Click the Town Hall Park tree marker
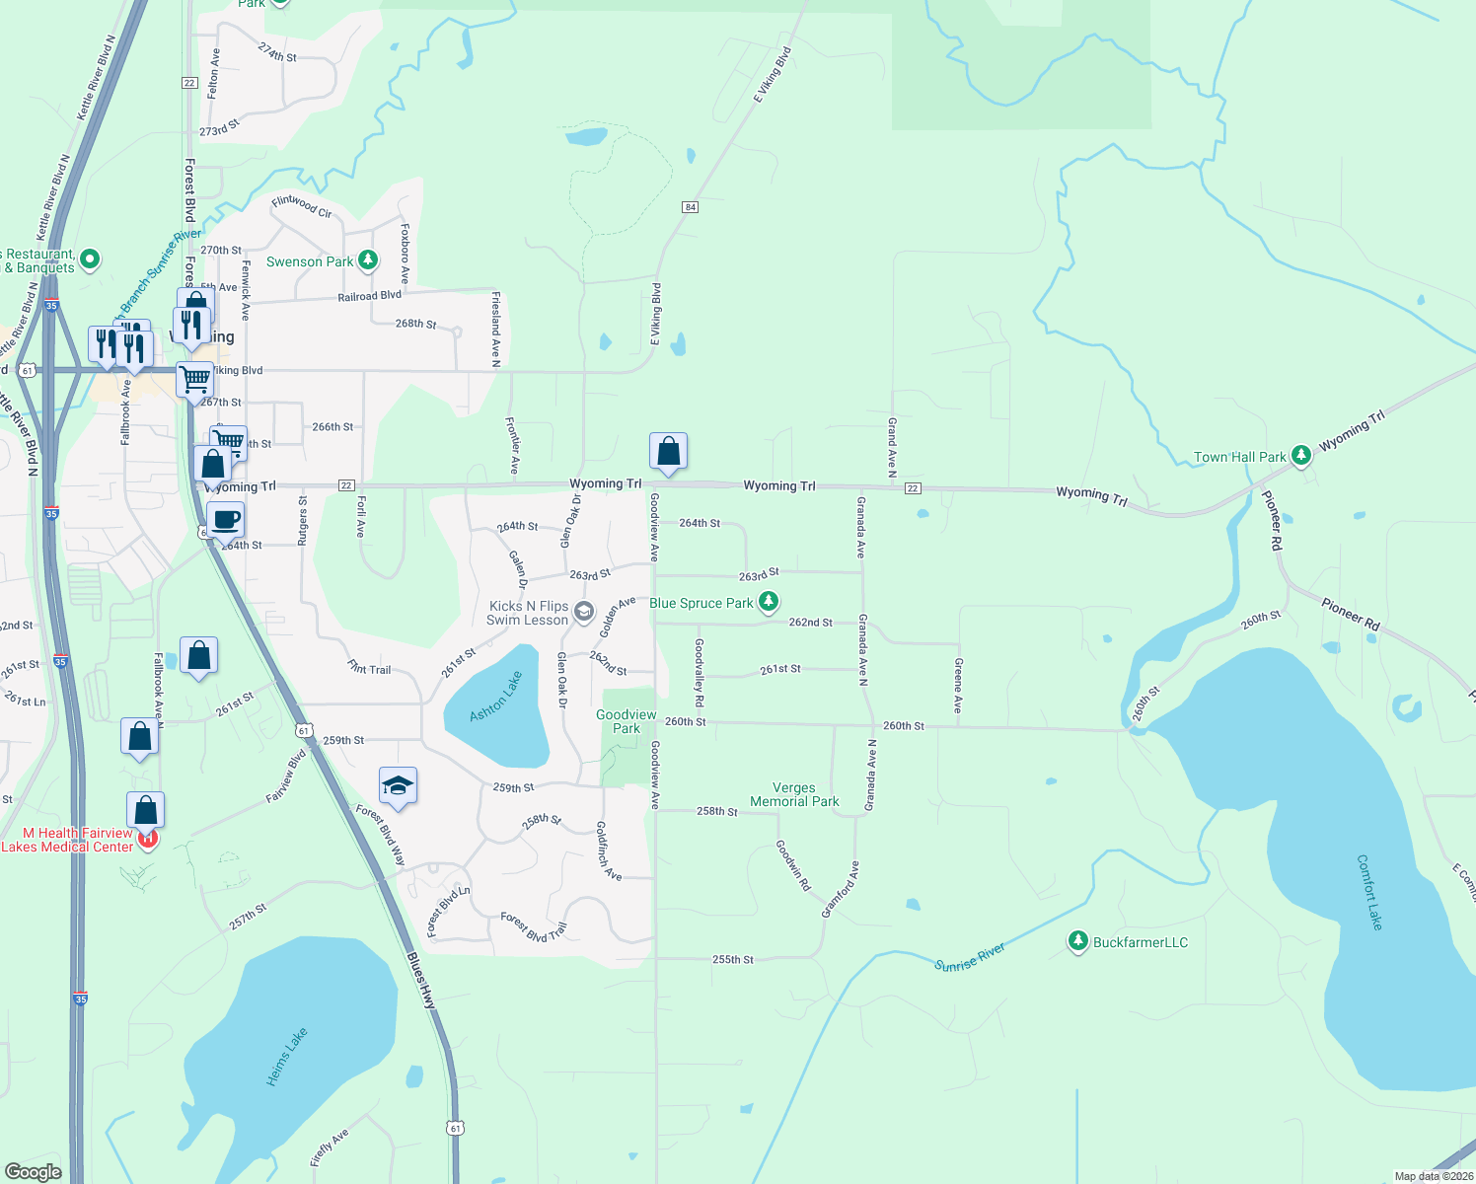(1301, 455)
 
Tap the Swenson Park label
(310, 261)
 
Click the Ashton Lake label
(495, 697)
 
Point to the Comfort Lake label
(1369, 892)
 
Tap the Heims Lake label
(287, 1057)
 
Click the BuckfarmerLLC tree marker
(1077, 941)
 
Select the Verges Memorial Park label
(794, 795)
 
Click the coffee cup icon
(226, 519)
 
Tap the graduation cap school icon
(398, 785)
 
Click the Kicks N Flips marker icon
(583, 612)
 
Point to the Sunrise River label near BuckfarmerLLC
(970, 957)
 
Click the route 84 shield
(690, 207)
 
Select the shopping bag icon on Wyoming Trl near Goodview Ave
(668, 451)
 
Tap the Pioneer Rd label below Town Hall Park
(1274, 522)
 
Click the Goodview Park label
(627, 721)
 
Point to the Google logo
(34, 1171)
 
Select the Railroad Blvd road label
(370, 296)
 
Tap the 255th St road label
(733, 959)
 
